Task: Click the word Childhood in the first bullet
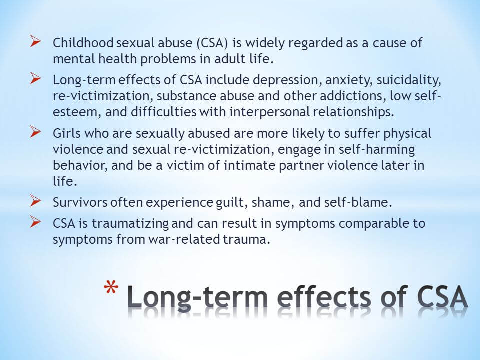pos(83,43)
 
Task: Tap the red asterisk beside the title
pos(111,288)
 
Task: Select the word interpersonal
pos(270,112)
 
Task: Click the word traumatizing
pos(130,224)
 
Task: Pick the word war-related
pos(184,239)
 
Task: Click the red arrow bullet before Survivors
pos(35,201)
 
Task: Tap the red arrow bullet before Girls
pos(35,132)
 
